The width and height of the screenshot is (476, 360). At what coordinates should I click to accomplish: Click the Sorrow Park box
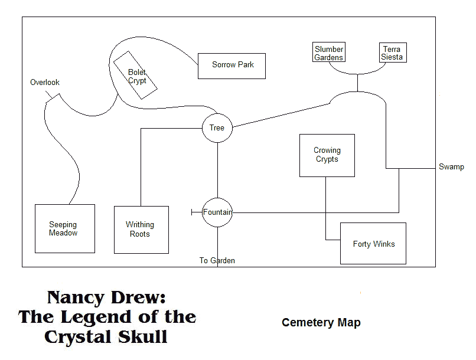(x=232, y=66)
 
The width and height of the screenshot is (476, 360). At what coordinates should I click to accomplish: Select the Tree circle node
(x=217, y=127)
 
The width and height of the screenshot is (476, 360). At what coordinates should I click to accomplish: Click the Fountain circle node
(x=217, y=212)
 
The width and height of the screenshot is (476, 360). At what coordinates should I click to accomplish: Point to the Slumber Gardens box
(x=329, y=53)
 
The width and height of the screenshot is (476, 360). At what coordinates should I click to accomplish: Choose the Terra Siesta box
(x=392, y=53)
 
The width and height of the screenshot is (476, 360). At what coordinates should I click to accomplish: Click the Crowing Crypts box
(x=327, y=155)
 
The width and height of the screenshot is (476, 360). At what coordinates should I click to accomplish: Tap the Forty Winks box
(x=373, y=243)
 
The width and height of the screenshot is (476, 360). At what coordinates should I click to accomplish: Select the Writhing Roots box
(x=141, y=230)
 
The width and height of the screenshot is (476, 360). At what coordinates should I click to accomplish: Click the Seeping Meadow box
(x=64, y=229)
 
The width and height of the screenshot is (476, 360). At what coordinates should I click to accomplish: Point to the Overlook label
(x=45, y=83)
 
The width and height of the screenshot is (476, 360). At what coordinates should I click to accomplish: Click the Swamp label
(x=451, y=167)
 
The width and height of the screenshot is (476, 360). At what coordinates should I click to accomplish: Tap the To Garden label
(x=217, y=260)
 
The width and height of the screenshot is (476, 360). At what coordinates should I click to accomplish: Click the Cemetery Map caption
(x=321, y=323)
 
